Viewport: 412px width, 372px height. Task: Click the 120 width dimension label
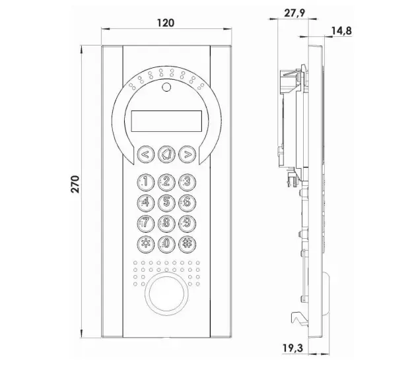click(x=166, y=23)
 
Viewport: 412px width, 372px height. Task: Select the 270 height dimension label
click(x=75, y=184)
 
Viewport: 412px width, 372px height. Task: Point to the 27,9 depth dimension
click(x=294, y=13)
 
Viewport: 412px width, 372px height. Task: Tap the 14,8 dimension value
click(x=341, y=31)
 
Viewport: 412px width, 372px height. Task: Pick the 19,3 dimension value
click(x=292, y=348)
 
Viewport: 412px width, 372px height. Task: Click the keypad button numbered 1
click(x=145, y=182)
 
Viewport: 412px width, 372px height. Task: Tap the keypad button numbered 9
click(x=187, y=224)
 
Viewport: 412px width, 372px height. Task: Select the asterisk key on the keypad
click(x=145, y=245)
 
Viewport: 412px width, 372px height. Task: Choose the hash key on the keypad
click(x=187, y=245)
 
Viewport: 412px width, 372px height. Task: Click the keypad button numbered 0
click(x=166, y=245)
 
